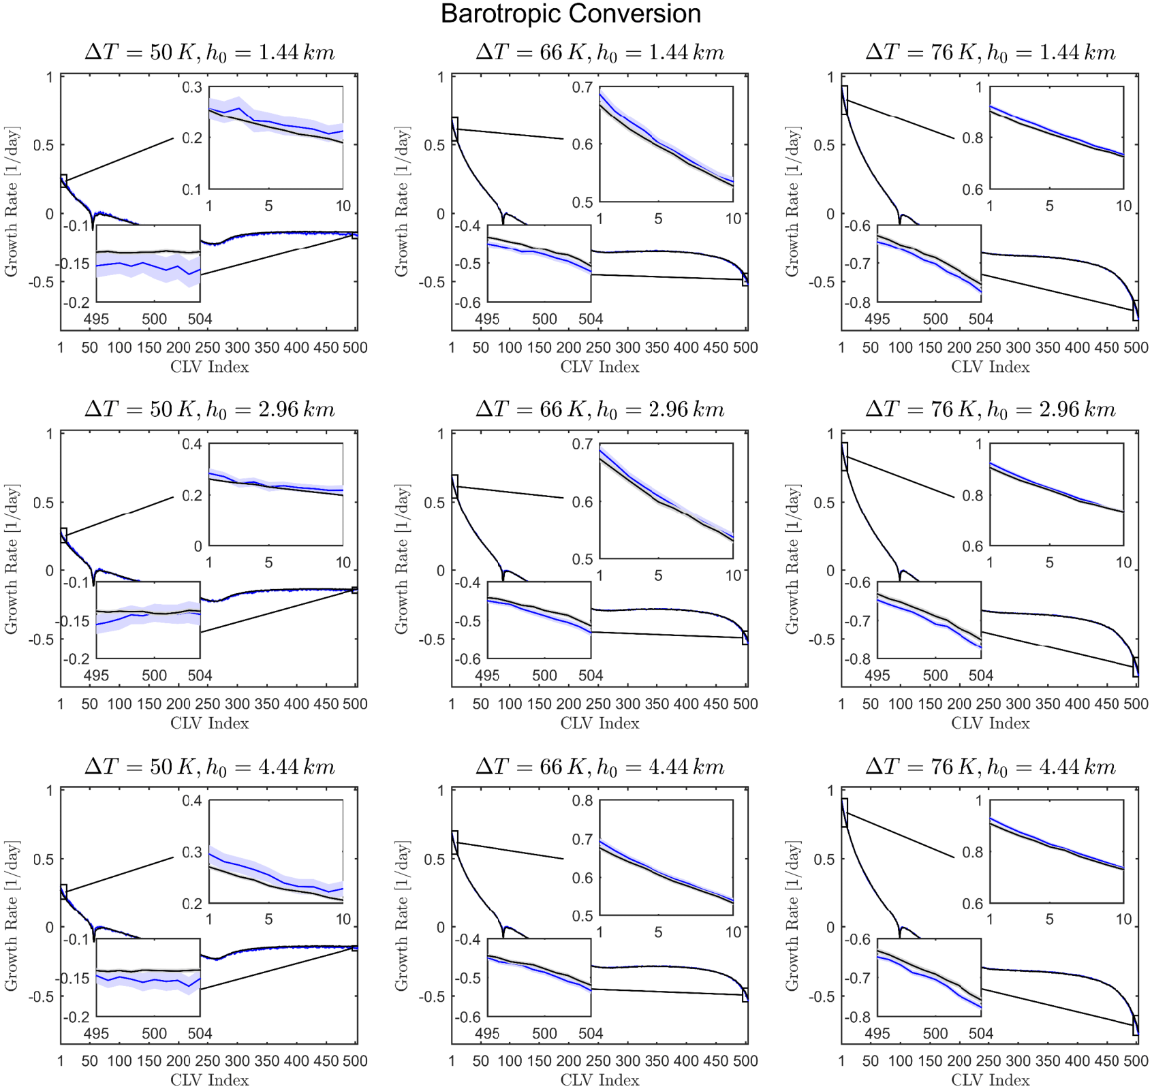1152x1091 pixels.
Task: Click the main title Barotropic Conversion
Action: [x=570, y=14]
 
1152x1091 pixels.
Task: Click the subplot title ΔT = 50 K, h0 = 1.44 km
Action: [x=209, y=52]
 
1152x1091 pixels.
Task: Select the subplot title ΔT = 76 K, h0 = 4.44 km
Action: [x=990, y=767]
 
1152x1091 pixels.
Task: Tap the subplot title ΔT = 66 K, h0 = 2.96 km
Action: [x=600, y=409]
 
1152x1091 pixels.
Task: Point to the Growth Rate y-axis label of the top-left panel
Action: [x=12, y=202]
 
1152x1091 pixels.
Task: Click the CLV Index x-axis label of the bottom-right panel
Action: [x=990, y=1080]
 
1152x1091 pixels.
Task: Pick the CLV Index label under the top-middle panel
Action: [x=600, y=367]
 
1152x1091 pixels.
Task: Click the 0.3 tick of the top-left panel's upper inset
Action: [x=193, y=87]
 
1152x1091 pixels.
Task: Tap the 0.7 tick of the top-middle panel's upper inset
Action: [x=582, y=87]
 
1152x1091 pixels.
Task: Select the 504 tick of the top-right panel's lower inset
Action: [x=980, y=319]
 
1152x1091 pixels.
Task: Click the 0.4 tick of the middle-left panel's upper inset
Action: [x=193, y=444]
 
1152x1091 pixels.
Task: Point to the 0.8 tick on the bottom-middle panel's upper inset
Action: [x=582, y=800]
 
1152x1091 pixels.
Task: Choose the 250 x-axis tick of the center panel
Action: [x=598, y=703]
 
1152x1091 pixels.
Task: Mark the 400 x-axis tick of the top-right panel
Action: [x=1077, y=347]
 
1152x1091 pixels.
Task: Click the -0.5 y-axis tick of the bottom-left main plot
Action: [x=41, y=996]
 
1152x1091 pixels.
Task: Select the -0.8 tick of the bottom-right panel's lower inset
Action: [x=858, y=1017]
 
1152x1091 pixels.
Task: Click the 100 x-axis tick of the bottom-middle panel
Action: [x=510, y=1060]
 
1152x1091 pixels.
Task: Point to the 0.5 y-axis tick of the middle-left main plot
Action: [x=44, y=503]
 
